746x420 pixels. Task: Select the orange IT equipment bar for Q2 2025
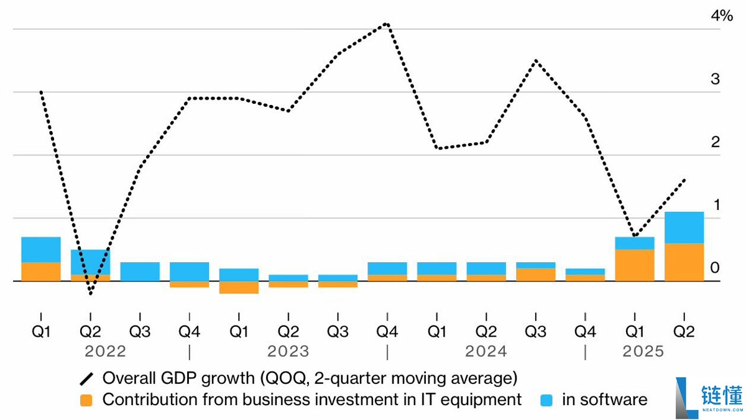[x=684, y=262]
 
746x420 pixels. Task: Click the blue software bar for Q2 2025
[x=684, y=227]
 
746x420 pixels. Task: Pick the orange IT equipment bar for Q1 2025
[x=635, y=265]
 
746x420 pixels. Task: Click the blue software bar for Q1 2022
[x=41, y=250]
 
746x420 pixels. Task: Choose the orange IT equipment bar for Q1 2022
[x=41, y=272]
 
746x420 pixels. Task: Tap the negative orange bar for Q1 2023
[x=239, y=287]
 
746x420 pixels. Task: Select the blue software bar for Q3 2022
[x=140, y=272]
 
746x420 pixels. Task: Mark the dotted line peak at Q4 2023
[x=387, y=24]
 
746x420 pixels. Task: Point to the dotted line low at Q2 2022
[x=91, y=293]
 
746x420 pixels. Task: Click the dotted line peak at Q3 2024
[x=536, y=61]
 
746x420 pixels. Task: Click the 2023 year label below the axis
[x=288, y=352]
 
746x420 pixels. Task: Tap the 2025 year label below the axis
[x=643, y=352]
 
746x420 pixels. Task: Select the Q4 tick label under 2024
[x=585, y=332]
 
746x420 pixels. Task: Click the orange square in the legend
[x=86, y=399]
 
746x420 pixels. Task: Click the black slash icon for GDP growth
[x=86, y=378]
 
